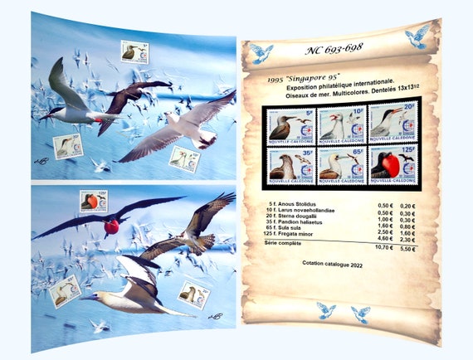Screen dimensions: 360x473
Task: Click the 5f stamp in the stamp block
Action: [x=286, y=125]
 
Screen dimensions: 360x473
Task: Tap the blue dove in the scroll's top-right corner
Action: [x=417, y=36]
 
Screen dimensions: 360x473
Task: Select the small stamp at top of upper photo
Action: [x=134, y=52]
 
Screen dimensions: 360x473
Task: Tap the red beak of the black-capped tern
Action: [x=43, y=116]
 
